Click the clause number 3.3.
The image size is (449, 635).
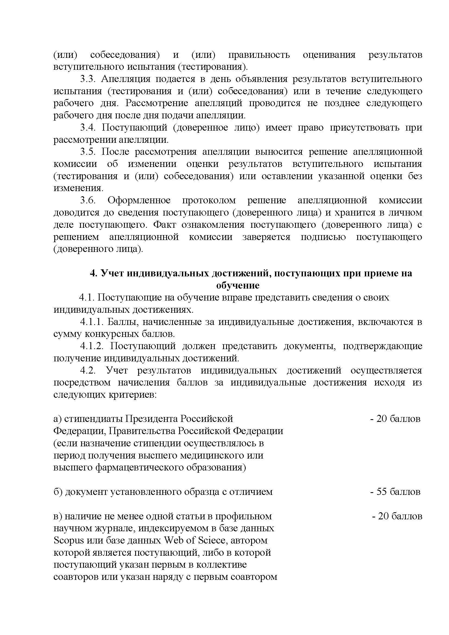tap(88, 79)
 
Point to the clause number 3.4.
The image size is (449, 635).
tap(88, 128)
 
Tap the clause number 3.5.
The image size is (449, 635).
tap(88, 152)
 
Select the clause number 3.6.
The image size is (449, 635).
tap(88, 201)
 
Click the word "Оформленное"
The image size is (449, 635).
tap(139, 201)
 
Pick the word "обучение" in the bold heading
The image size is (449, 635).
tap(238, 285)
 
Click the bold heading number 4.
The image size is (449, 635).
tap(93, 273)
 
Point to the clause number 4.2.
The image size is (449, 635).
tap(88, 371)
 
